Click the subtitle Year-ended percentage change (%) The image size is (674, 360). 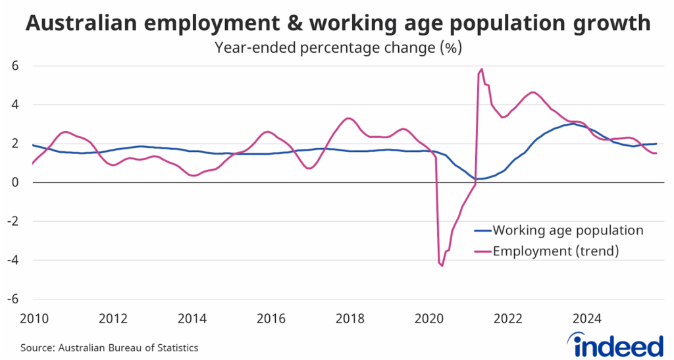click(336, 48)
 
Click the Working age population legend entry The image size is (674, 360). click(567, 230)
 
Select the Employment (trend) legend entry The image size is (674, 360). click(557, 250)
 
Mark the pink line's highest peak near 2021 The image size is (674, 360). click(482, 68)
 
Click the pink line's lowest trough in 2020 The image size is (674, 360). click(442, 266)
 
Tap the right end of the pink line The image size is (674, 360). click(656, 153)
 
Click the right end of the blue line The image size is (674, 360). click(656, 143)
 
